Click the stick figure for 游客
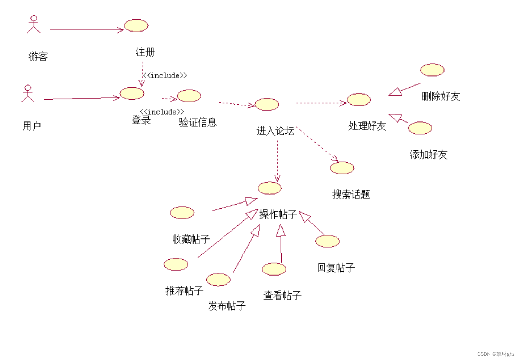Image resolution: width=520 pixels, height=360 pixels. tap(34, 24)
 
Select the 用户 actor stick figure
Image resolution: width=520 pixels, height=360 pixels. tap(28, 94)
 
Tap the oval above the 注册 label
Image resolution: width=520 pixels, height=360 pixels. tap(136, 26)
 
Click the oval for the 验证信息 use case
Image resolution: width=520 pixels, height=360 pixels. tap(189, 96)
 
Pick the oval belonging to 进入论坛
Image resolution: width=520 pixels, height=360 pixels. tap(267, 104)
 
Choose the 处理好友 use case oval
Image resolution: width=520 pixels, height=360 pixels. tap(359, 99)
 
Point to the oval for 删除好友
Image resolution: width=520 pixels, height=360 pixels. tap(432, 70)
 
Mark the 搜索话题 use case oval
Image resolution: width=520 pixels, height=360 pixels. tap(342, 168)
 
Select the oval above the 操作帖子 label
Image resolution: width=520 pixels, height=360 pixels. tap(270, 188)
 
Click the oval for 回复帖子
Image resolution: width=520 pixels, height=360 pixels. tap(327, 241)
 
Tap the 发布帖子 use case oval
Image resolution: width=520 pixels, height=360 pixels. tap(218, 280)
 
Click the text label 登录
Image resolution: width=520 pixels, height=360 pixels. tap(141, 120)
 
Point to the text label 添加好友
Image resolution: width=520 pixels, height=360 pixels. tap(428, 154)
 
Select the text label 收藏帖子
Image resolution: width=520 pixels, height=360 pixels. tap(191, 239)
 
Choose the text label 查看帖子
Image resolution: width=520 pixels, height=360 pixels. tap(283, 295)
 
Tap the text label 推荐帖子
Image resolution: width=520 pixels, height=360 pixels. tap(184, 290)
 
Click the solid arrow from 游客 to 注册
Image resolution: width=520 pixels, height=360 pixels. tap(87, 30)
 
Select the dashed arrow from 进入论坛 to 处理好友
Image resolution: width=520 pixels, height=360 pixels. tap(321, 103)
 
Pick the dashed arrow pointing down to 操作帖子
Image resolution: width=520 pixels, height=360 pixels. tap(277, 159)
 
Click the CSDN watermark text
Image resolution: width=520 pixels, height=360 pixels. tap(495, 354)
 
